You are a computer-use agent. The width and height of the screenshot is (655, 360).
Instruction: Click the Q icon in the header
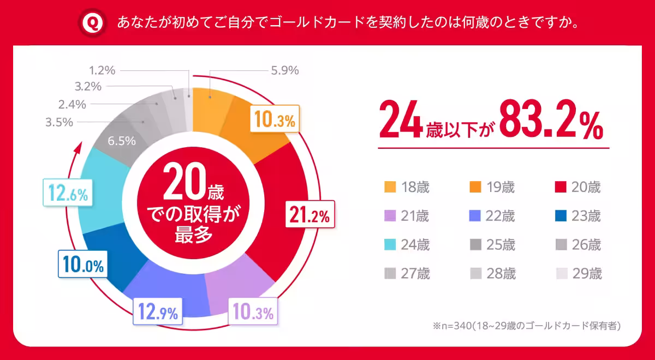tap(94, 22)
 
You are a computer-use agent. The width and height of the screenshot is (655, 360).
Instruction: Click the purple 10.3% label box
tap(252, 313)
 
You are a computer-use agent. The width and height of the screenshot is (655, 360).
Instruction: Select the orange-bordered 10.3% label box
tap(274, 121)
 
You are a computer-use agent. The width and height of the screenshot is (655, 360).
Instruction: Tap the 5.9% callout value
tap(284, 70)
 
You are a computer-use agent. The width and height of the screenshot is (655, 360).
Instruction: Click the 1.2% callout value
tap(102, 70)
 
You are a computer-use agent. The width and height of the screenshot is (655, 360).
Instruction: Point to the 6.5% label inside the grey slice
tap(121, 140)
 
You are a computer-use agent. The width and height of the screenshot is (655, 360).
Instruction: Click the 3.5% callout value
tap(59, 122)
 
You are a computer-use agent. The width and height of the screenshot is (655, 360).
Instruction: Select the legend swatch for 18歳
tap(389, 188)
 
